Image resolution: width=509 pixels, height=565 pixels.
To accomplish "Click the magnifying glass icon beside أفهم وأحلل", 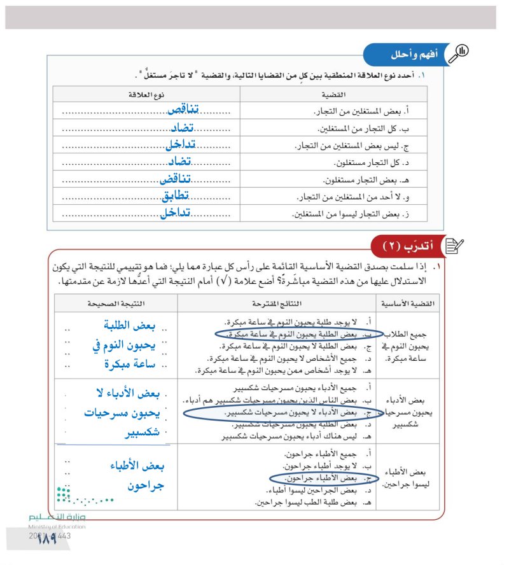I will click(458, 53).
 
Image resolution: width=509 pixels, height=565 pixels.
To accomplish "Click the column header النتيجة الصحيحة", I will click(116, 303).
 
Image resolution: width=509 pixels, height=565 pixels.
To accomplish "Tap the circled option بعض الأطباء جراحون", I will click(324, 477).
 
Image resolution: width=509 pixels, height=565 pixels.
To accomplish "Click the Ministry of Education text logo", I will click(57, 522).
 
